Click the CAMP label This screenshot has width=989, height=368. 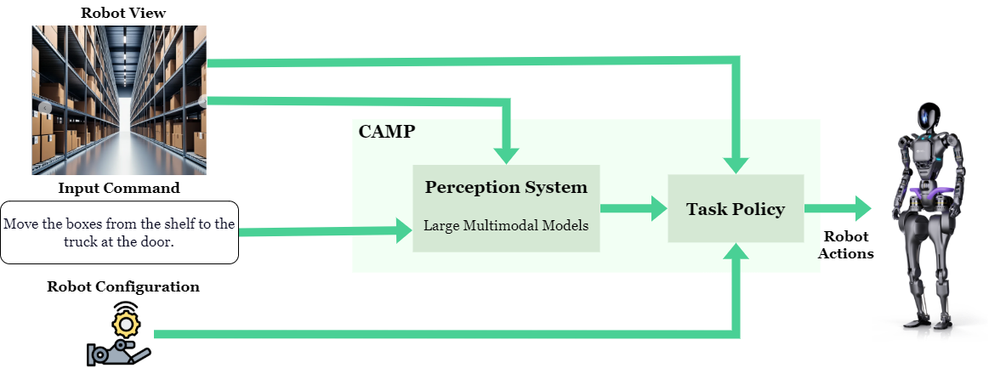(x=386, y=132)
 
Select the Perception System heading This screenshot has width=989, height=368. (x=506, y=187)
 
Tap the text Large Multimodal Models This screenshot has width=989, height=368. (x=506, y=226)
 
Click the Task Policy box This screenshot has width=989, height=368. (x=736, y=208)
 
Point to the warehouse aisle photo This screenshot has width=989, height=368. (x=120, y=99)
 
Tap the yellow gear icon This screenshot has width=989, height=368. (x=126, y=324)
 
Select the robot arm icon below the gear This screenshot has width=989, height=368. (x=119, y=352)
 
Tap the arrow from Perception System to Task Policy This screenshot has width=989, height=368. (x=633, y=208)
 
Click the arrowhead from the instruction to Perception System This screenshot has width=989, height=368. (x=401, y=230)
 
